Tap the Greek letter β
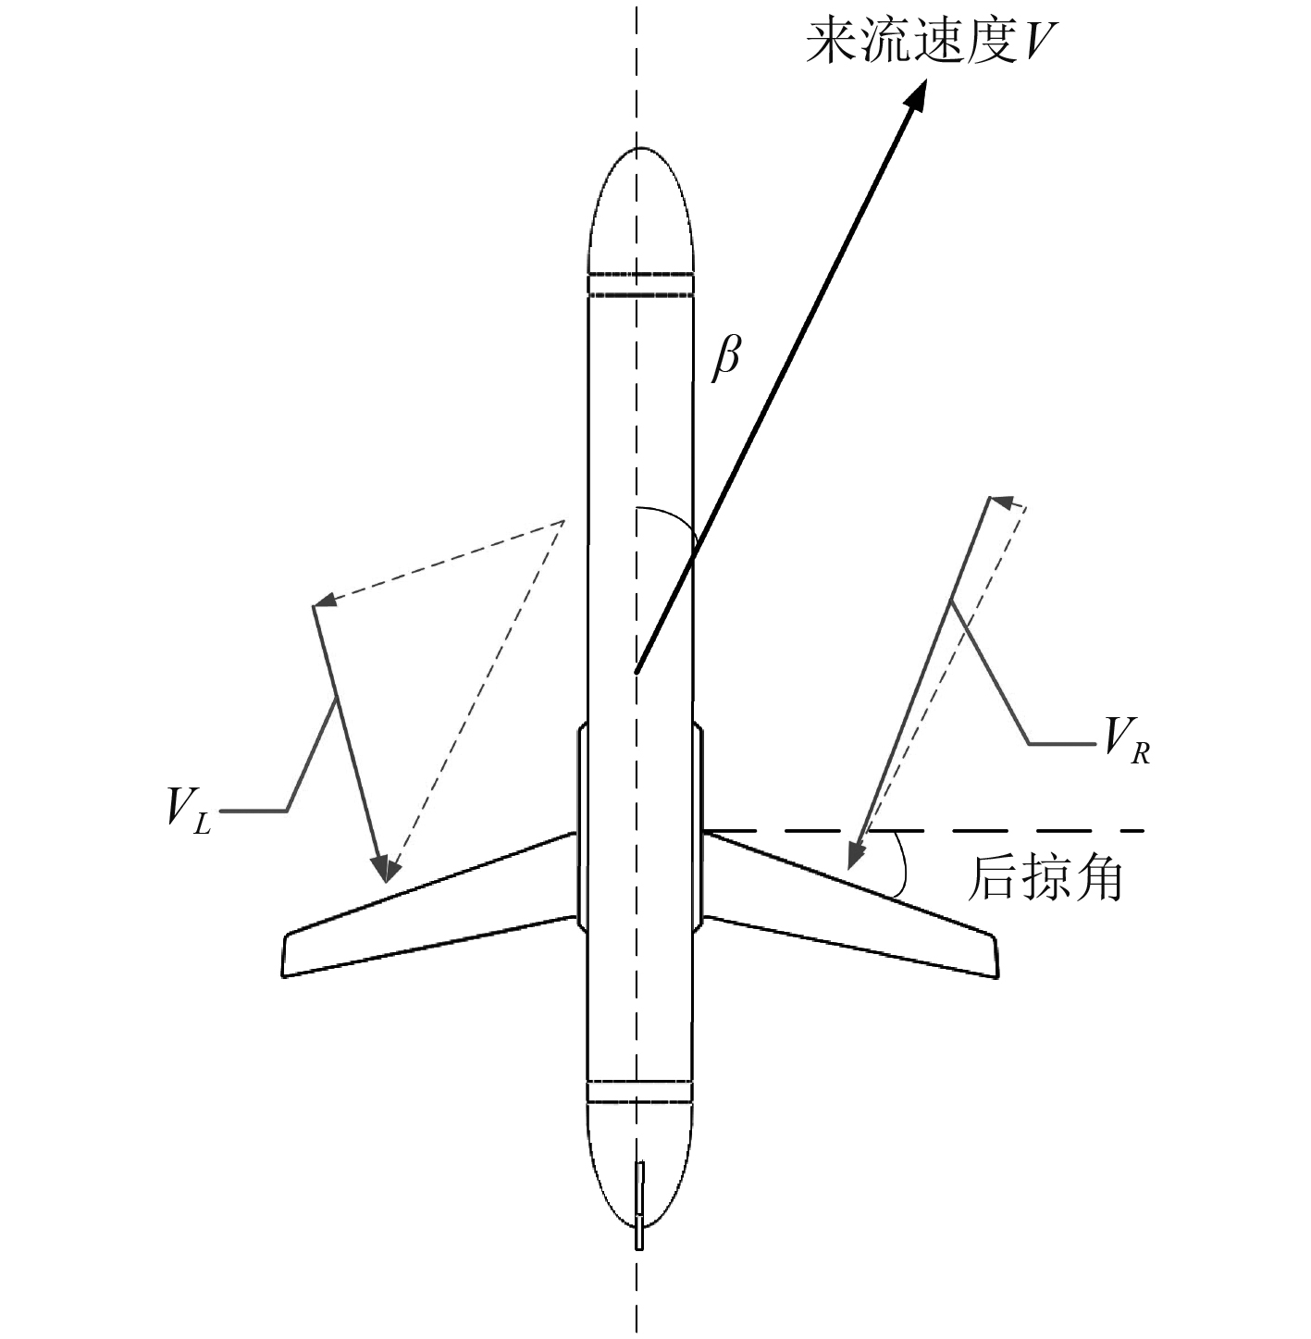click(726, 356)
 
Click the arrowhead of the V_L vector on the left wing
click(383, 869)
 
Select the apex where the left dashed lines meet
click(563, 522)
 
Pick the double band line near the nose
click(640, 285)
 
